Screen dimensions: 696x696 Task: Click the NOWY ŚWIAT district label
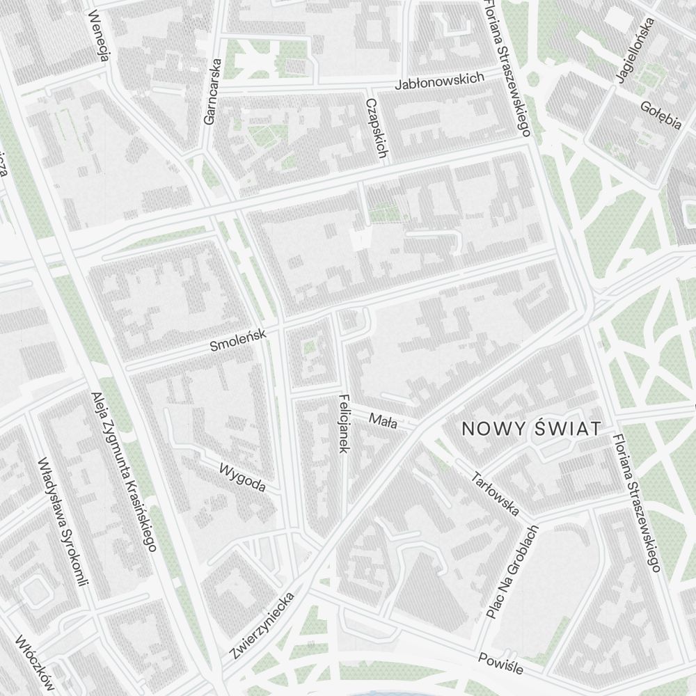531,429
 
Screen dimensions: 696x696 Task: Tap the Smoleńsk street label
239,341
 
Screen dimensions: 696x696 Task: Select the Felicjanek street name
343,424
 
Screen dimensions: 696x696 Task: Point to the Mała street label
383,420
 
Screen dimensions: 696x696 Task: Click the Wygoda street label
242,477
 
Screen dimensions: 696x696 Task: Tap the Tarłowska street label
496,495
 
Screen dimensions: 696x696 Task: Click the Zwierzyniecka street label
262,626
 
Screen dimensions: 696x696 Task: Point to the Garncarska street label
212,91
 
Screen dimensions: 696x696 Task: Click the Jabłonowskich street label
439,81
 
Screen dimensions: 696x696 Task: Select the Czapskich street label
376,128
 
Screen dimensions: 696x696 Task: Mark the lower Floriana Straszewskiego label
635,505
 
